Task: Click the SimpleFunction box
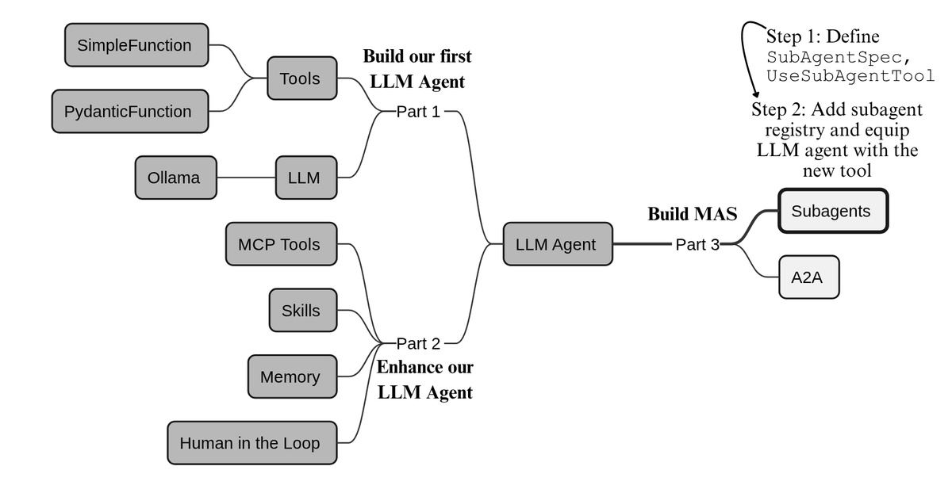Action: point(136,45)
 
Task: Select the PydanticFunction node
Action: point(130,111)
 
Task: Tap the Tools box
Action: point(302,78)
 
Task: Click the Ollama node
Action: point(176,178)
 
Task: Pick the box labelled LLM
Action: point(306,178)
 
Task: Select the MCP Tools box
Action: point(282,244)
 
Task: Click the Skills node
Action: point(303,311)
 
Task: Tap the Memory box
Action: point(293,376)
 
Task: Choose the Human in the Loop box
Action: point(252,443)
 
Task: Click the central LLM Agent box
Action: point(558,244)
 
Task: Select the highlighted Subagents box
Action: point(834,211)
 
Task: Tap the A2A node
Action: point(809,277)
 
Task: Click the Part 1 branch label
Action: point(418,112)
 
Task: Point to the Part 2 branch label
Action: point(418,343)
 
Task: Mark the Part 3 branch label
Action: point(697,244)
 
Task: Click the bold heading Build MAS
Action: point(693,214)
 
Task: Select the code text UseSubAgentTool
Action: point(850,75)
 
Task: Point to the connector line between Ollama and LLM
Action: point(246,178)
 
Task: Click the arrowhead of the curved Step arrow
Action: point(755,94)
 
